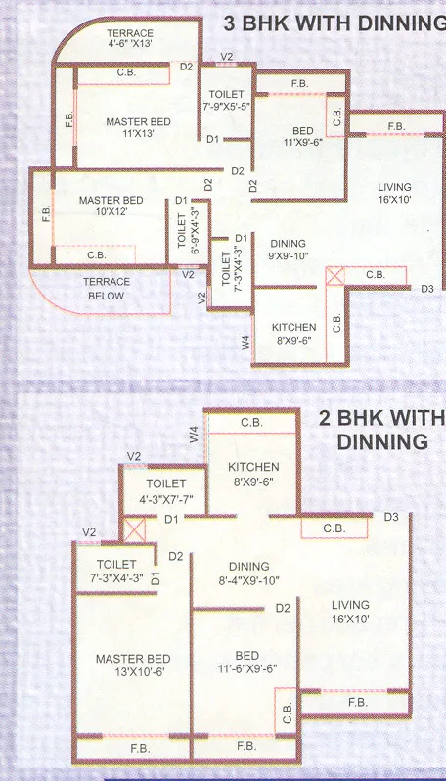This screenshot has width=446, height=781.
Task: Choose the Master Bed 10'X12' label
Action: coord(111,207)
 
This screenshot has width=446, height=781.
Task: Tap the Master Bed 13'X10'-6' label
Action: coord(133,665)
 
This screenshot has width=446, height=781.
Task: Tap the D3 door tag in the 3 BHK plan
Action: coord(426,289)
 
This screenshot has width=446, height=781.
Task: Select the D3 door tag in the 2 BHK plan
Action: coord(390,516)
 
